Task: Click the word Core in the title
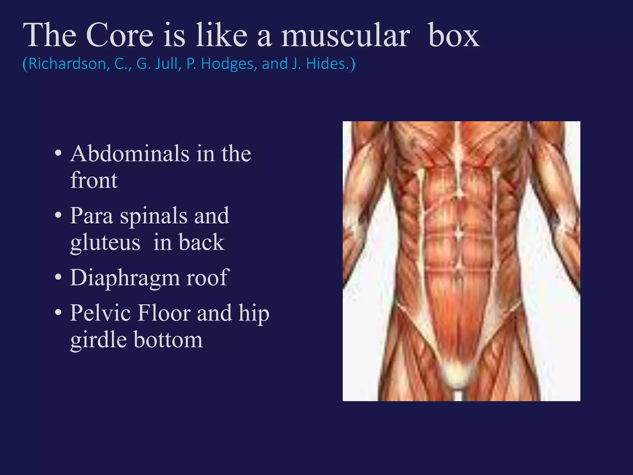120,36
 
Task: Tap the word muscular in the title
346,36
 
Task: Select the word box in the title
454,36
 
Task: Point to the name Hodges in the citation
229,64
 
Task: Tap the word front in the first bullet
94,180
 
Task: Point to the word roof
207,277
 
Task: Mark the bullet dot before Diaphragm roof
58,278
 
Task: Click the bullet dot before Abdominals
58,153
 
